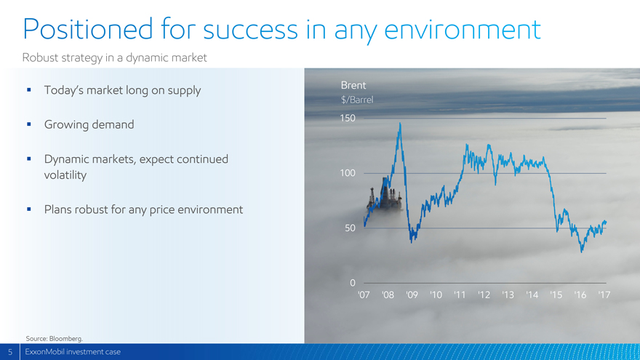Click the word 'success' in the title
pos(251,30)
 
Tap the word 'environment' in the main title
pos(463,30)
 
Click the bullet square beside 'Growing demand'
pos(29,124)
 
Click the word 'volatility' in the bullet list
pos(65,175)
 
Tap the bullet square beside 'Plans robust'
pos(29,209)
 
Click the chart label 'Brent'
pos(353,85)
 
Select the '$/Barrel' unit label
pos(357,100)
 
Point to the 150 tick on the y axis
pos(348,119)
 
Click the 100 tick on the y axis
pos(348,173)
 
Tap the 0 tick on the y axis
pos(353,283)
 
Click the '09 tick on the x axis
pos(412,295)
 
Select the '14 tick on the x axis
pos(532,295)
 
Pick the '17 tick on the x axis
pos(604,295)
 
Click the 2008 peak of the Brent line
pos(400,123)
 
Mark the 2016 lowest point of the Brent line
pos(582,252)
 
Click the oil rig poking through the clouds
pos(385,196)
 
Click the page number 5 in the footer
pos(10,352)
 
